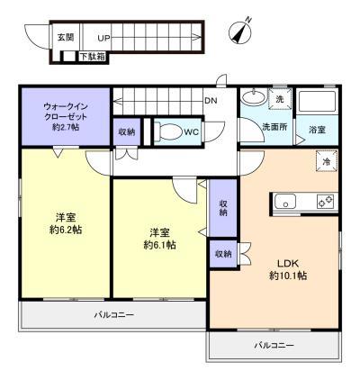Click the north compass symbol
(x=241, y=31)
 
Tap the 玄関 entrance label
(x=66, y=38)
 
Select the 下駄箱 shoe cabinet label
(x=93, y=57)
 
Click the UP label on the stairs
(x=103, y=38)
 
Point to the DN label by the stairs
(x=211, y=101)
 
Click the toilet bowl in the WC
(x=168, y=131)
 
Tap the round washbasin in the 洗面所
(x=254, y=97)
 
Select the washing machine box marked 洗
(x=279, y=98)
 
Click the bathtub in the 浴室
(x=318, y=102)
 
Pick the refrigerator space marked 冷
(x=327, y=161)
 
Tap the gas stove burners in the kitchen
(x=326, y=202)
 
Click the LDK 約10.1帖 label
(x=288, y=269)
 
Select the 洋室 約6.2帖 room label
(x=66, y=223)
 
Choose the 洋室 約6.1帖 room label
(x=160, y=239)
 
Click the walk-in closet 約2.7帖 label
(x=66, y=116)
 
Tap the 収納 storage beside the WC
(x=127, y=132)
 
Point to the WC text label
(x=192, y=132)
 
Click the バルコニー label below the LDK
(x=274, y=345)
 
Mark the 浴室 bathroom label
(x=318, y=130)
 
